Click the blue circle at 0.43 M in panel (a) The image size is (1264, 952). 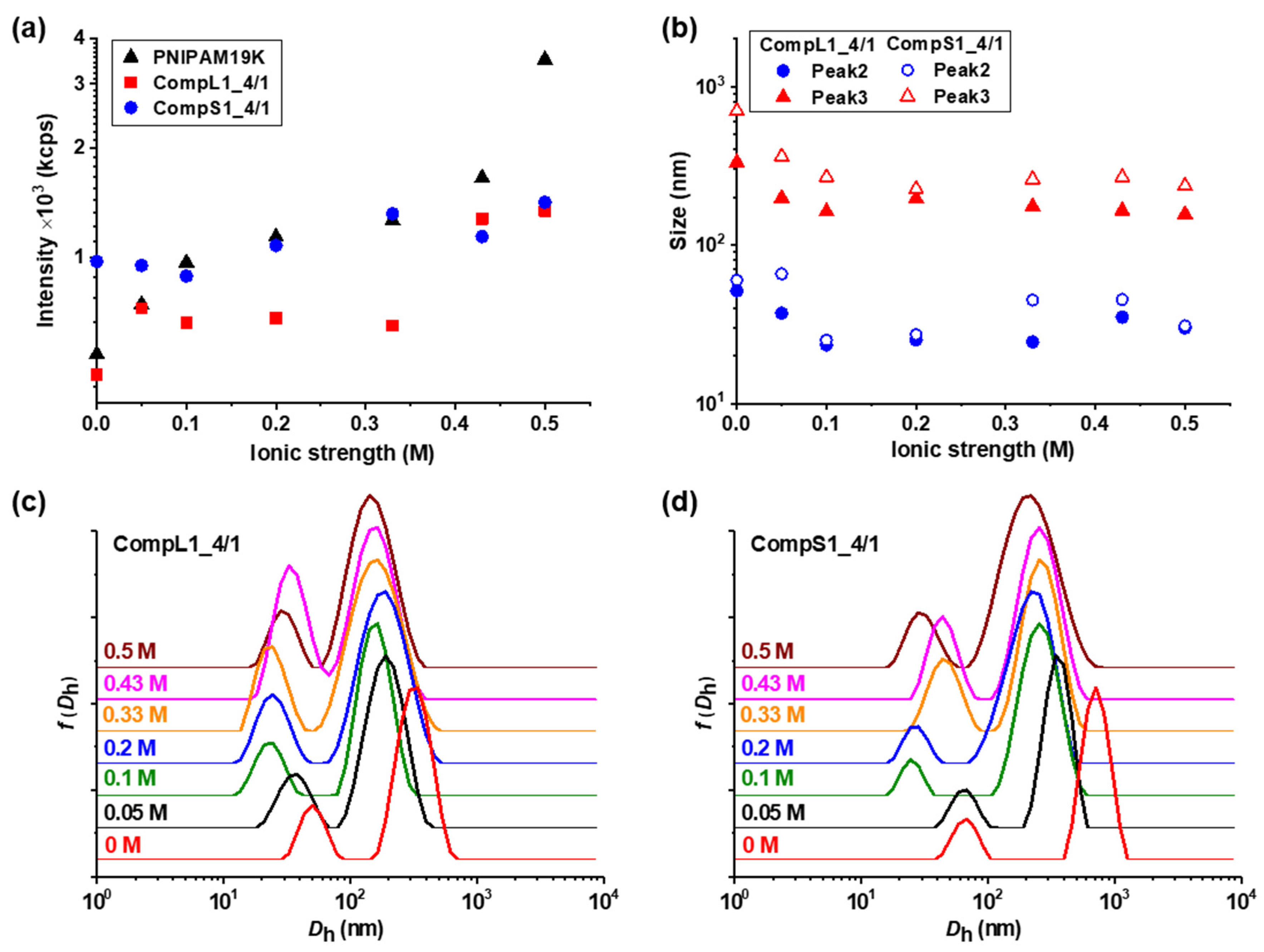(x=482, y=237)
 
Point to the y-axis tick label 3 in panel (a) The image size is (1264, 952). (x=78, y=83)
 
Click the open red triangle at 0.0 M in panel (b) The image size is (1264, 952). (x=737, y=109)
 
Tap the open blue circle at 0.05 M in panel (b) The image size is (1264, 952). (x=782, y=274)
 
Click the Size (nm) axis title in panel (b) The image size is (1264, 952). (x=679, y=201)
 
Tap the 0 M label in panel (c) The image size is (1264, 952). (x=123, y=845)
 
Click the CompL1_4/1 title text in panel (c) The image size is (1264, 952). (x=177, y=544)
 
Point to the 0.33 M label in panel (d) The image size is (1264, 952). (x=773, y=715)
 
